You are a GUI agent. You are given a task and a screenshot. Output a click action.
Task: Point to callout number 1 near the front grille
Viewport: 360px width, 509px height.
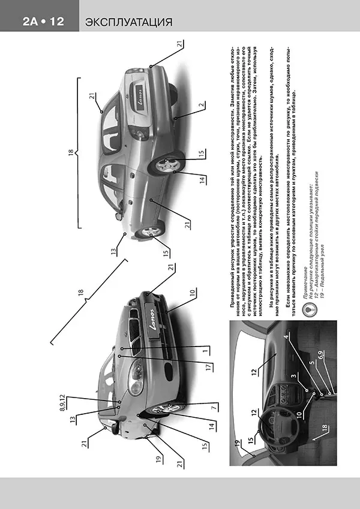click(205, 349)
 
